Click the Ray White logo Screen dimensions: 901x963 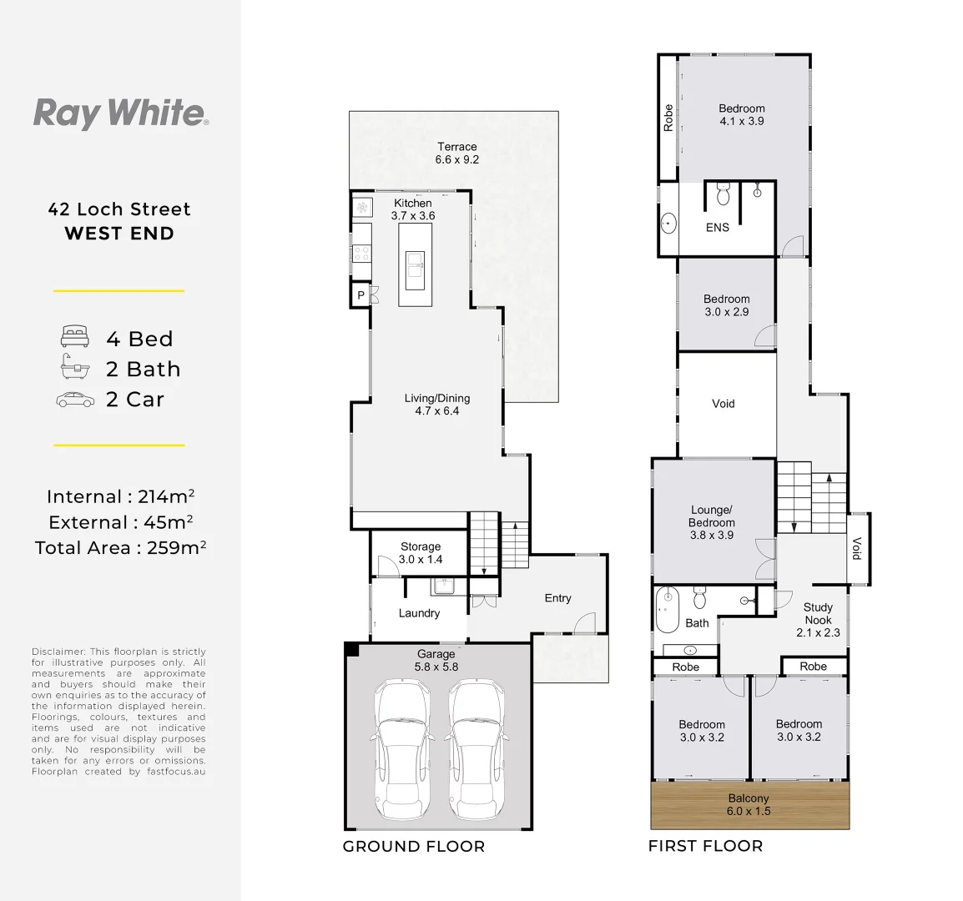tap(120, 113)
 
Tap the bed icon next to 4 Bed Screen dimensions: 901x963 tap(74, 338)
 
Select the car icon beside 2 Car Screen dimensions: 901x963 tap(75, 400)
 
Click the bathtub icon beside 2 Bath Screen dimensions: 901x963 tap(74, 368)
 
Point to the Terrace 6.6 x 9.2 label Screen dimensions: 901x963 tap(456, 153)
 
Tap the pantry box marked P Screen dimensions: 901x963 tap(360, 295)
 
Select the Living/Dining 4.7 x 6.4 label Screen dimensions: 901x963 tap(436, 405)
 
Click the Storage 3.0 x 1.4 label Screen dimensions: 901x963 tap(421, 553)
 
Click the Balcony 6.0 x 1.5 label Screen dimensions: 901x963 tap(749, 804)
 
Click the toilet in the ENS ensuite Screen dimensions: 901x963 tap(723, 194)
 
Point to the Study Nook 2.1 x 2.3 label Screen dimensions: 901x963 tap(818, 620)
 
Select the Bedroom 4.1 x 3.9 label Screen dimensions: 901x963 tap(742, 114)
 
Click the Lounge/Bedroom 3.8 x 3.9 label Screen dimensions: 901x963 tap(711, 522)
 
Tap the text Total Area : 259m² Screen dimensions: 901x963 tap(120, 547)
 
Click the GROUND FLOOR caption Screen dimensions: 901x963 tap(413, 846)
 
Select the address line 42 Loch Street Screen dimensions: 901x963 tap(119, 209)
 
